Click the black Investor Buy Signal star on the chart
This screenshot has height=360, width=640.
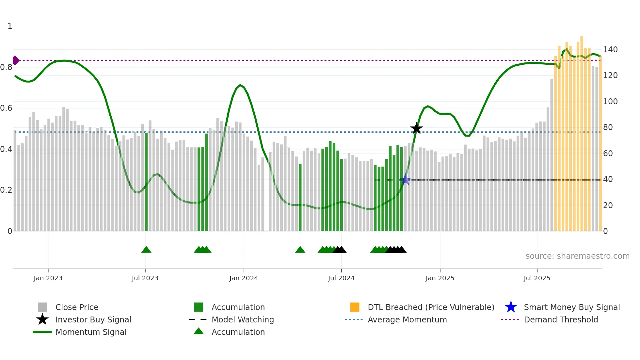click(x=416, y=129)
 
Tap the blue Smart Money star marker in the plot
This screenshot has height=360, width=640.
click(x=405, y=179)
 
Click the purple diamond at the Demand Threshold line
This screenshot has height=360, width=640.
click(x=16, y=60)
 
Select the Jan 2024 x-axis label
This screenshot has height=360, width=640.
click(x=244, y=278)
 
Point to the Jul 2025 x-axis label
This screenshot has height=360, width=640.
click(x=537, y=278)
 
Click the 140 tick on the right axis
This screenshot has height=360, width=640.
click(x=610, y=50)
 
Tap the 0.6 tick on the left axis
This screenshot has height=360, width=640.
click(x=7, y=108)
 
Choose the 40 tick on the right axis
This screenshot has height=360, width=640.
click(x=608, y=179)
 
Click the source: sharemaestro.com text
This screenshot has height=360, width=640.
click(x=577, y=256)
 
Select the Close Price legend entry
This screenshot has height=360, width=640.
click(x=77, y=307)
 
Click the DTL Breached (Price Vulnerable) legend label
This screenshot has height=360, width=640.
click(x=431, y=307)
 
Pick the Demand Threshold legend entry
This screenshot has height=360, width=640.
click(x=561, y=320)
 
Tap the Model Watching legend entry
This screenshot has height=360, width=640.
click(x=243, y=320)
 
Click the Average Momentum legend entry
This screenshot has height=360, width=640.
click(x=407, y=320)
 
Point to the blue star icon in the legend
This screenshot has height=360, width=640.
click(x=511, y=307)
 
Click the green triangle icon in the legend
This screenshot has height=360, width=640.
click(x=199, y=331)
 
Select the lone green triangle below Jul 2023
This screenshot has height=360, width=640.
click(x=146, y=250)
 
